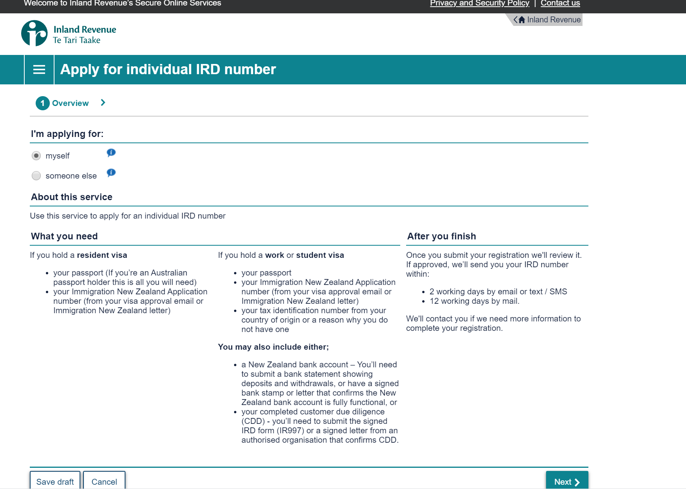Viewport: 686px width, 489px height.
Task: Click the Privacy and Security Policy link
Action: tap(479, 4)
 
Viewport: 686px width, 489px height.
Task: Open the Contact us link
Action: tap(560, 4)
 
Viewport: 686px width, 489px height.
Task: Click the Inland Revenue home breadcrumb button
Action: tap(548, 20)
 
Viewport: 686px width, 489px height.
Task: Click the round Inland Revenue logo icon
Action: tap(34, 33)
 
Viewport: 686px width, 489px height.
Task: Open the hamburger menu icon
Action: tap(39, 70)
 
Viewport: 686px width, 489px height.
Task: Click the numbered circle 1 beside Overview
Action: tap(42, 103)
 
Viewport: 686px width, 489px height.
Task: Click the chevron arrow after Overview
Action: tap(103, 103)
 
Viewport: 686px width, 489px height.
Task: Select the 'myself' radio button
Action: tap(36, 156)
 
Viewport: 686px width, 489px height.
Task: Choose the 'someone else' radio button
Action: tap(36, 176)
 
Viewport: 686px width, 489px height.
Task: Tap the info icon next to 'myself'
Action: tap(111, 152)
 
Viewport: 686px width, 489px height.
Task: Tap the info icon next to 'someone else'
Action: tap(111, 172)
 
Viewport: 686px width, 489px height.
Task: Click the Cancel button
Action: tap(104, 482)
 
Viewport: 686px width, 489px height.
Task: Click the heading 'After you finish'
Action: tap(441, 236)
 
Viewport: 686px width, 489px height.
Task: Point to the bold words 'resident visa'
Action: tap(102, 255)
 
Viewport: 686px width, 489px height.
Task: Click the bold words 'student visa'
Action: tap(320, 255)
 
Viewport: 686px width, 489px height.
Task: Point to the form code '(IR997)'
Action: tap(290, 431)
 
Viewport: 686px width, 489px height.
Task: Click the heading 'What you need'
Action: tap(64, 236)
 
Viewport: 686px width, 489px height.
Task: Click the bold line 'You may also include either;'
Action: tap(273, 347)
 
